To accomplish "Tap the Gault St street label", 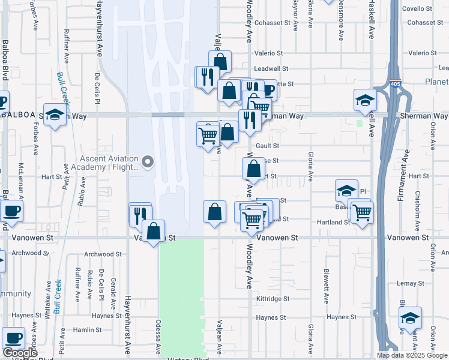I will [x=268, y=146].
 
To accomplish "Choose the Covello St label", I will [x=417, y=8].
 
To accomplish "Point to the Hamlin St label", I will [x=87, y=330].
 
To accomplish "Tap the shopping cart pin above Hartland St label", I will [x=362, y=212].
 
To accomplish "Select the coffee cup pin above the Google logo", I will [x=13, y=338].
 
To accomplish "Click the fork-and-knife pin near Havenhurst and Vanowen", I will [x=139, y=214].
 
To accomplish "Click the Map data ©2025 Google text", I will [x=411, y=355].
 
